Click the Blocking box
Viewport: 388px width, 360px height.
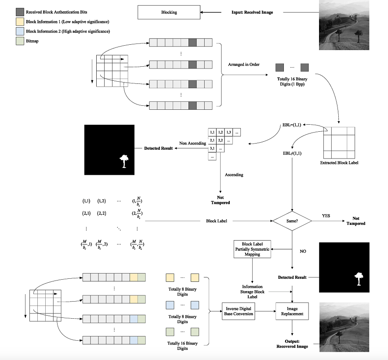(169, 12)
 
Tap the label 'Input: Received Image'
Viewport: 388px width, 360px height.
(252, 12)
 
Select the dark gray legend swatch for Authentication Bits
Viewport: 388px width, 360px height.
(20, 11)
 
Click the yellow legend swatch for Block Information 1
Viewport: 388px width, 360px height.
(20, 22)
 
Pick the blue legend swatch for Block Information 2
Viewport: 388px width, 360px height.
(20, 31)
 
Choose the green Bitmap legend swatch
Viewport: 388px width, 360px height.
(20, 41)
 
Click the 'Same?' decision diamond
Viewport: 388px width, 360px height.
(292, 220)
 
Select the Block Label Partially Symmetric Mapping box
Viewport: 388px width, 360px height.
(253, 248)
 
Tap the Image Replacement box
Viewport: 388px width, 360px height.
(292, 311)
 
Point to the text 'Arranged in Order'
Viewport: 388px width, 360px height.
(243, 65)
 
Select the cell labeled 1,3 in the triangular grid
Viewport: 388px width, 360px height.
(228, 132)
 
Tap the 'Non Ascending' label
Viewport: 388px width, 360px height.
(190, 143)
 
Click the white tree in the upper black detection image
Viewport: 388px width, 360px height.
(123, 161)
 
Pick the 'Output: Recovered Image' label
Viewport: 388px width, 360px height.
(291, 343)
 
